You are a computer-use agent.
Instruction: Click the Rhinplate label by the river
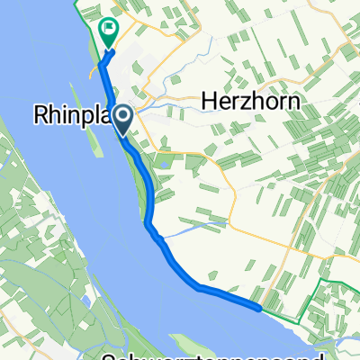point(72,116)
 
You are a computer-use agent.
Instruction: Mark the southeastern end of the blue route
point(260,309)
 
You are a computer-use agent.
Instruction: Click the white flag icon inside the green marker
point(108,30)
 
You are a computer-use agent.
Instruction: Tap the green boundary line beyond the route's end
point(306,310)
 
